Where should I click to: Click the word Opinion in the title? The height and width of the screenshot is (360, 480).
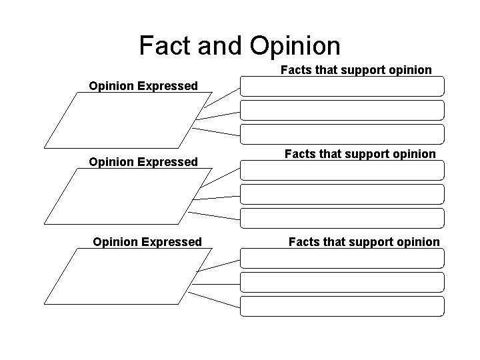(x=295, y=45)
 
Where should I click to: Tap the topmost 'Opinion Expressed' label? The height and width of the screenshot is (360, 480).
(x=144, y=86)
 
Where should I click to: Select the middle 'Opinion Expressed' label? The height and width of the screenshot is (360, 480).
(x=144, y=162)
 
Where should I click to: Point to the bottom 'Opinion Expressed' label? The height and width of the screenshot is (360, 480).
(x=147, y=241)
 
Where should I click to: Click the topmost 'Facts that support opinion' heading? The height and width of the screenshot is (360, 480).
(x=356, y=69)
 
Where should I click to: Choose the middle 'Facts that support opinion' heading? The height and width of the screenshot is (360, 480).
(x=360, y=154)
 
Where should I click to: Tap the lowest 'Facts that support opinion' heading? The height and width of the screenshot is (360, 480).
(x=364, y=241)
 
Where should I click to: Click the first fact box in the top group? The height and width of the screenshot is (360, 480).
(x=341, y=87)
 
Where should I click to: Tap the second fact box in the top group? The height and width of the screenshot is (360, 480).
(x=341, y=110)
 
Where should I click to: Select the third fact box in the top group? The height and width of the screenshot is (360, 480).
(x=341, y=134)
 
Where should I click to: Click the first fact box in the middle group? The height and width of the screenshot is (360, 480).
(x=341, y=170)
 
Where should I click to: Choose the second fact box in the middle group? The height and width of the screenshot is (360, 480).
(x=341, y=194)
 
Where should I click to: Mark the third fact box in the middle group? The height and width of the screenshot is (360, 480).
(x=341, y=218)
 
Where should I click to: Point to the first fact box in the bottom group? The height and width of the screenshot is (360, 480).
(x=341, y=258)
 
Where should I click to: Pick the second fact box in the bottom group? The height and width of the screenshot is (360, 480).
(x=341, y=282)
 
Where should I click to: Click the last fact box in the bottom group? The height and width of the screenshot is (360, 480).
(x=341, y=306)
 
